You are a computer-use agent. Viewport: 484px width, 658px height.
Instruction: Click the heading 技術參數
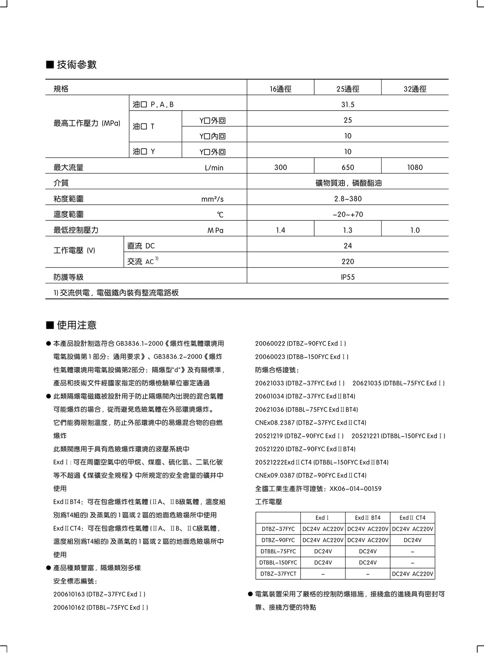(77, 65)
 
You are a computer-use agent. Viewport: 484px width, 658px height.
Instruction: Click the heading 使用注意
(77, 325)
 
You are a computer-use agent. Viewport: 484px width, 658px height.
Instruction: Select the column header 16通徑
(280, 89)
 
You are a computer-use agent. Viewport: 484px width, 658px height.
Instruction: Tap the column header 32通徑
(415, 89)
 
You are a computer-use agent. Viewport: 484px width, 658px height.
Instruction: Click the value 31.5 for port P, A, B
(347, 105)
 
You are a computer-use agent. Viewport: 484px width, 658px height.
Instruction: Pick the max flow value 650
(347, 168)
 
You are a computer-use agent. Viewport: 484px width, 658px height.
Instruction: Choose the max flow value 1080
(415, 168)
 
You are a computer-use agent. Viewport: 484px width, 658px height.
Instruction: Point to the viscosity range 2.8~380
(347, 199)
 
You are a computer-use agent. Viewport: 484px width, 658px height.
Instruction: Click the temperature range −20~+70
(347, 214)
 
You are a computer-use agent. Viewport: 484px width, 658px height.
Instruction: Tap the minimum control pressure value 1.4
(280, 230)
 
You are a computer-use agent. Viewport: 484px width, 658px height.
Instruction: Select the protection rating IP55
(347, 277)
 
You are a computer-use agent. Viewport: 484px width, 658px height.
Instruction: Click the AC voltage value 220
(347, 262)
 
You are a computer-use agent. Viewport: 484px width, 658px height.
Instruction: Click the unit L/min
(214, 168)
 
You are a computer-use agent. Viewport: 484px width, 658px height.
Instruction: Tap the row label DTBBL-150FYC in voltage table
(278, 562)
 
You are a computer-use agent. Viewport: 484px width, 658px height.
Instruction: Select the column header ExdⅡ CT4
(412, 518)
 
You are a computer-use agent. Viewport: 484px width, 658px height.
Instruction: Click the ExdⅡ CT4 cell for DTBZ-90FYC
(412, 540)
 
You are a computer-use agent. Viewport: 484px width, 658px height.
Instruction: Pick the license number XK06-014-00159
(355, 488)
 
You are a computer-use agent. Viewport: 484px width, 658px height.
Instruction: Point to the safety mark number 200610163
(69, 594)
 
